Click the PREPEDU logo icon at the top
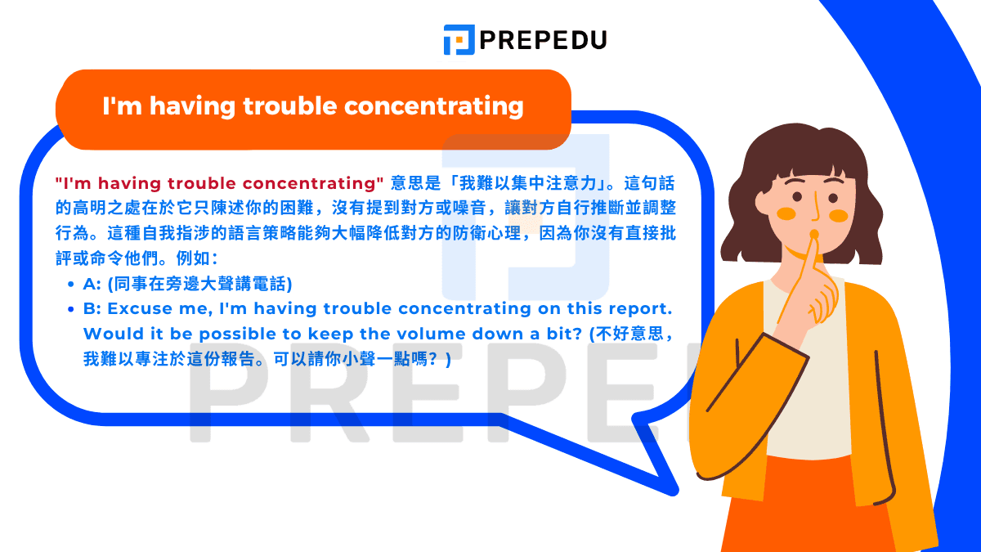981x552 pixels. (x=459, y=39)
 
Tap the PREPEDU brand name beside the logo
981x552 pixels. (x=542, y=39)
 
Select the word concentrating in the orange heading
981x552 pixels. (x=434, y=106)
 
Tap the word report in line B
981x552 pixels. (x=640, y=309)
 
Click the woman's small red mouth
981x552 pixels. (x=813, y=235)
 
